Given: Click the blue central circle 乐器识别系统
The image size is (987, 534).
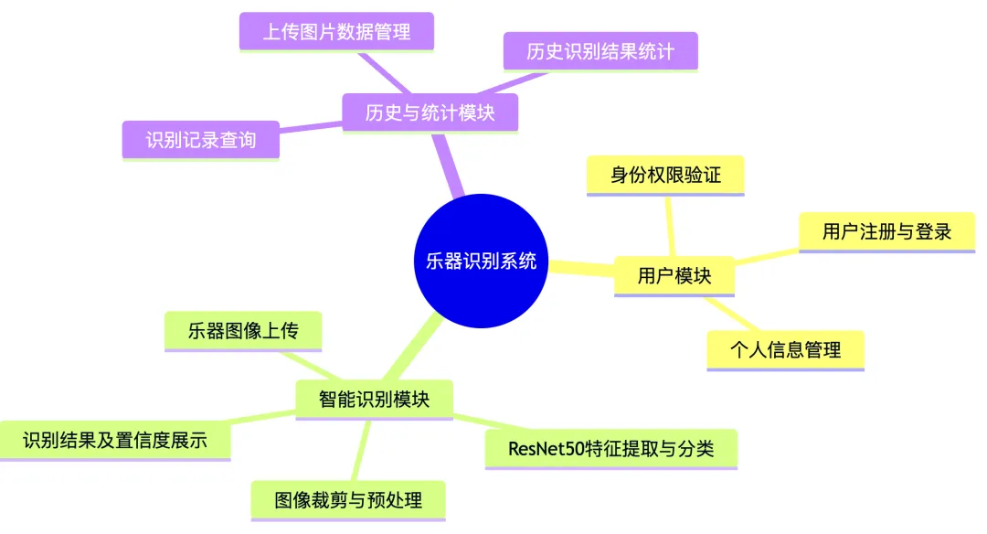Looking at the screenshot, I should [482, 261].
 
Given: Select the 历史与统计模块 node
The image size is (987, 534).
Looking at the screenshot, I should [430, 112].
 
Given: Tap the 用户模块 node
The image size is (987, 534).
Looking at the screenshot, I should [674, 275].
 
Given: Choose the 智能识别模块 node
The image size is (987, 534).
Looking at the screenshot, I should [374, 399].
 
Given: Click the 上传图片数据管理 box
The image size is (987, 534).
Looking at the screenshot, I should [336, 31].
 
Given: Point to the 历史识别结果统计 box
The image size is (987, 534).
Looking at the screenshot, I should [600, 51].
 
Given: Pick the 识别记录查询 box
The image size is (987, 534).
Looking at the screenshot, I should [200, 140].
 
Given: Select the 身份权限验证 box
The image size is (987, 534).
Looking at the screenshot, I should [664, 175].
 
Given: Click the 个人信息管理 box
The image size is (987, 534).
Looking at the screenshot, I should [785, 349].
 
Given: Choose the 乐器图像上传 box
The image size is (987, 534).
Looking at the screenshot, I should [243, 331].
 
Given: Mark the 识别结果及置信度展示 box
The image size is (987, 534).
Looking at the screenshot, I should [115, 441].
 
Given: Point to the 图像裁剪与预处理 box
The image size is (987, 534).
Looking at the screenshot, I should [348, 500].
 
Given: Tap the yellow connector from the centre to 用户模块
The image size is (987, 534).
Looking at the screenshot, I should [580, 268].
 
